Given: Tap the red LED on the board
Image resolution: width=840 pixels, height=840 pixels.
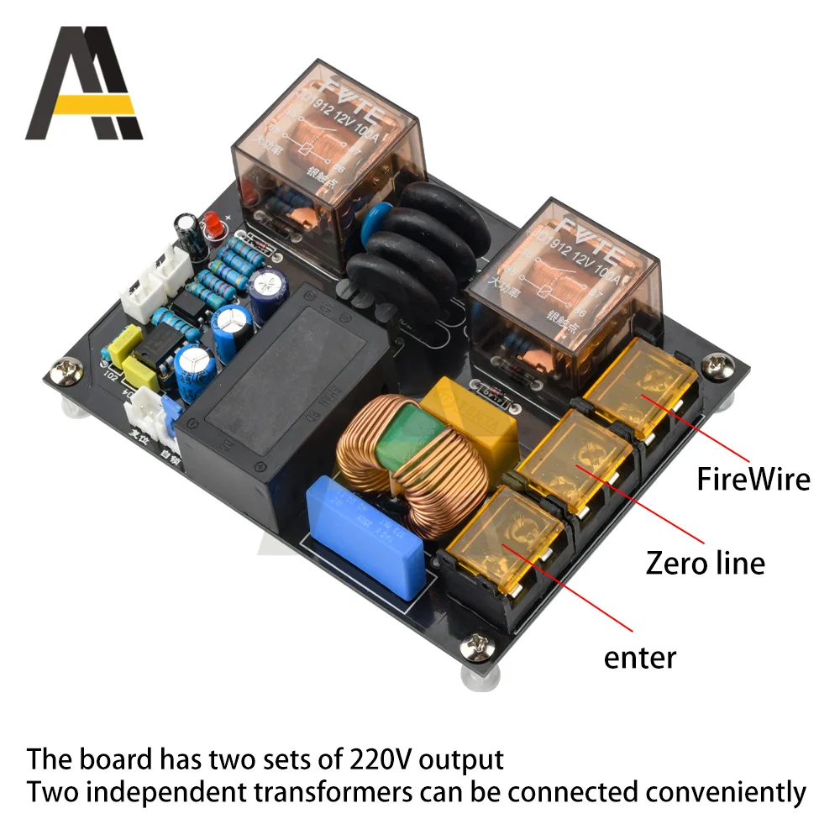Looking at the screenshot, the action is coord(211,224).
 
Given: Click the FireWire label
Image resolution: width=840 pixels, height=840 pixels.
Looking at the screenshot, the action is coord(753,479).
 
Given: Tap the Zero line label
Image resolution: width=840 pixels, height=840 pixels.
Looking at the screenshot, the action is coord(706,562).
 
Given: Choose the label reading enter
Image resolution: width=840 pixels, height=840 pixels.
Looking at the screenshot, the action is coord(640,656).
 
